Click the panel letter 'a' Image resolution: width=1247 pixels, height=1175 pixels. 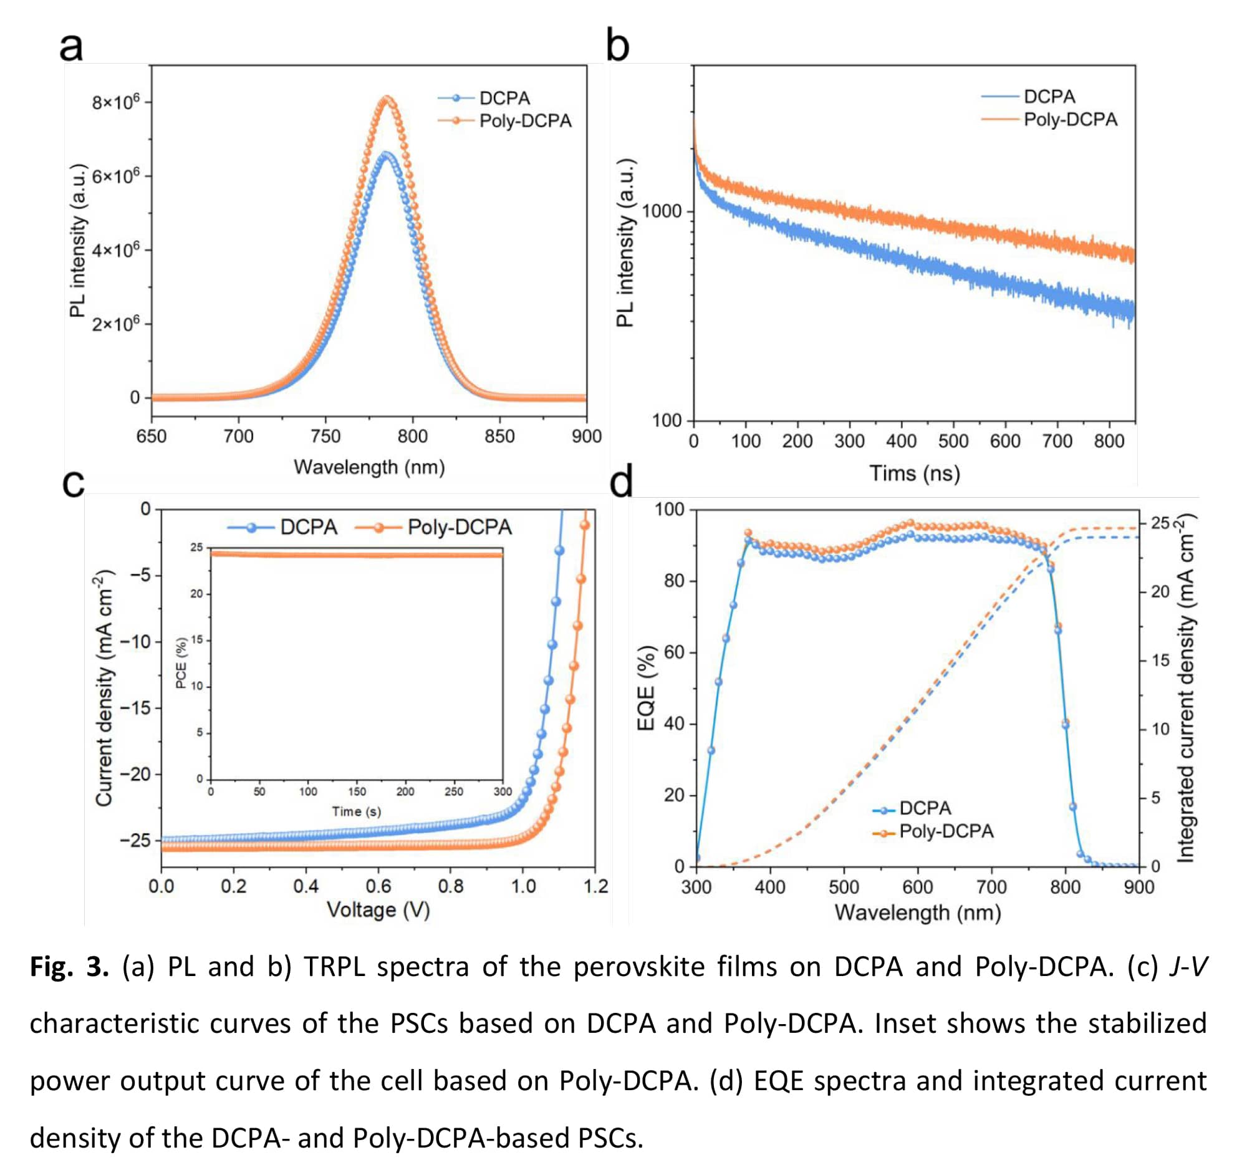(71, 46)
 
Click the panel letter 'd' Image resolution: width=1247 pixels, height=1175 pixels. (621, 483)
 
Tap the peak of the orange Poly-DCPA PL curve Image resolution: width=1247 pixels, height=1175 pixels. (387, 99)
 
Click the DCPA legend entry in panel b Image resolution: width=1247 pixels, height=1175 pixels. (1049, 97)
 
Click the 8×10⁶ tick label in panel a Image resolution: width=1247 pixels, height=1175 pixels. (116, 102)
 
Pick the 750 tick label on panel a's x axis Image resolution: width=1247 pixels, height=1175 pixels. (325, 436)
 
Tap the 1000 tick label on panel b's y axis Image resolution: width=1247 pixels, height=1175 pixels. (661, 211)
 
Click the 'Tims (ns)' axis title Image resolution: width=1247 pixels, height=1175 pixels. (914, 473)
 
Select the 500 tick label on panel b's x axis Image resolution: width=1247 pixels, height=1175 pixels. (953, 441)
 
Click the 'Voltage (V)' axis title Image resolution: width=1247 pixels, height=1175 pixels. (378, 910)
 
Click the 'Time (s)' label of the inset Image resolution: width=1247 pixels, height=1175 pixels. (356, 811)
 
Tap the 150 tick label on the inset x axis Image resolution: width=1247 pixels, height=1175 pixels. (356, 791)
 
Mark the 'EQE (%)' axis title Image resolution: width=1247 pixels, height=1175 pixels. (645, 687)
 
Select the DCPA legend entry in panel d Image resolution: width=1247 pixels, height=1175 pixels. (925, 808)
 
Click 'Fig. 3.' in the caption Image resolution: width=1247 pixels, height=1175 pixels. (70, 967)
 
